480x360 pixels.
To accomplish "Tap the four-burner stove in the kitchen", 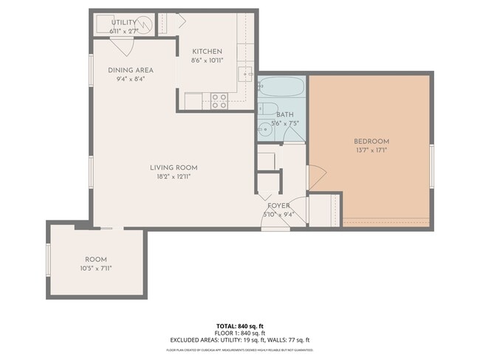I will (x=219, y=101).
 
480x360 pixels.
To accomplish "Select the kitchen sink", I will (x=247, y=74).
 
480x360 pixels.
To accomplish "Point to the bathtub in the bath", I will (x=281, y=89).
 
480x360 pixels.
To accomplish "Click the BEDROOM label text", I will (x=371, y=141).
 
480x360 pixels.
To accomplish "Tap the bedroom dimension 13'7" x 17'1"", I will (x=371, y=150).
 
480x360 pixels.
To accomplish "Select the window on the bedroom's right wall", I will (x=431, y=166).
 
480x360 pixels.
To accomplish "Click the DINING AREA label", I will (x=130, y=70).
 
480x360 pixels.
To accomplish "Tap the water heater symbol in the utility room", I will (x=145, y=25).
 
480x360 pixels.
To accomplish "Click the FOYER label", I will (x=278, y=206).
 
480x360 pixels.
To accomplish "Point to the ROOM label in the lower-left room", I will (x=96, y=260).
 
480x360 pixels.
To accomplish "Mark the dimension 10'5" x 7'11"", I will (x=96, y=269).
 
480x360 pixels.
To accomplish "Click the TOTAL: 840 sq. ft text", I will (x=239, y=325).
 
